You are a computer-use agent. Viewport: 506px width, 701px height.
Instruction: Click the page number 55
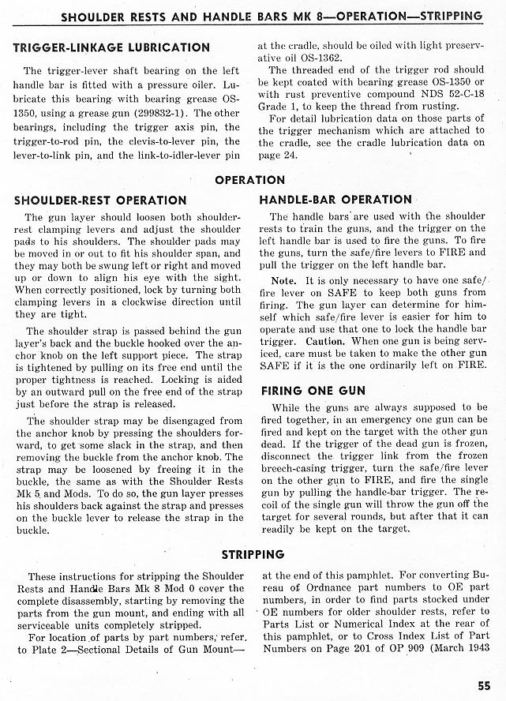[x=484, y=684]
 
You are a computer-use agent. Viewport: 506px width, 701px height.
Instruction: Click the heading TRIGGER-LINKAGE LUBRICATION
[x=112, y=48]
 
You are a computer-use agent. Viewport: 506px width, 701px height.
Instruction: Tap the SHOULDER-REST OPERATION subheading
[x=100, y=201]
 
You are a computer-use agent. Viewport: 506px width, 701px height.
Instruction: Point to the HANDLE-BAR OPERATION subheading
[x=335, y=201]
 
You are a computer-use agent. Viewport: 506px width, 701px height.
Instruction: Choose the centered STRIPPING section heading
[x=252, y=554]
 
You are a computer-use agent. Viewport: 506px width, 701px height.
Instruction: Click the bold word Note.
[x=284, y=281]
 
